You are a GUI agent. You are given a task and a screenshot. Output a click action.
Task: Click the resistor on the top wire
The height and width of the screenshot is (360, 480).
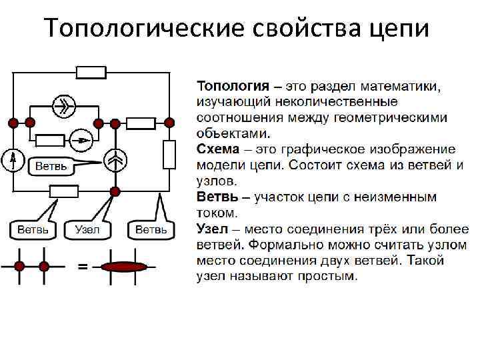pyautogui.click(x=91, y=73)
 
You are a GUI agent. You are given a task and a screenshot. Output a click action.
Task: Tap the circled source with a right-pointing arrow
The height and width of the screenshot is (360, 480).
pyautogui.click(x=81, y=139)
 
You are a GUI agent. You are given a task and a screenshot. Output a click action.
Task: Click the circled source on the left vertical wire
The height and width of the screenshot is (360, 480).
pyautogui.click(x=13, y=159)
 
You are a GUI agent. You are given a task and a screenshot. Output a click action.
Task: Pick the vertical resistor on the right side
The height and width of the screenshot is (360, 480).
pyautogui.click(x=169, y=155)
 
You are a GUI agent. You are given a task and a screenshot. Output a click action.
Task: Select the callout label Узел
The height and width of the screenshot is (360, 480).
pyautogui.click(x=88, y=229)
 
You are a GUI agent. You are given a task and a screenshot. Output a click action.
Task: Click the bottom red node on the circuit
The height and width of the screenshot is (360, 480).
pyautogui.click(x=115, y=191)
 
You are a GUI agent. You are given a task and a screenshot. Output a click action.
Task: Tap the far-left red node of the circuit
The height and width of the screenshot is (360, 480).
pyautogui.click(x=13, y=123)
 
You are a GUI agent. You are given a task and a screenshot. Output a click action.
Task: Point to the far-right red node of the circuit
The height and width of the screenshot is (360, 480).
pyautogui.click(x=169, y=123)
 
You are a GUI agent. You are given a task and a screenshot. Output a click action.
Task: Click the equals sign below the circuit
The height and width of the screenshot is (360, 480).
pyautogui.click(x=83, y=267)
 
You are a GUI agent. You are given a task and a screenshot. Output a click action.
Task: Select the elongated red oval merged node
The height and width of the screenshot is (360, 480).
pyautogui.click(x=123, y=267)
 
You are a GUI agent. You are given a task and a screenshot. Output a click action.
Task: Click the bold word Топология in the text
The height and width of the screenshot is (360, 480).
pyautogui.click(x=233, y=86)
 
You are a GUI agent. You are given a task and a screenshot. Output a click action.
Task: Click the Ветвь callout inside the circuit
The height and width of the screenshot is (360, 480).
pyautogui.click(x=51, y=166)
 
